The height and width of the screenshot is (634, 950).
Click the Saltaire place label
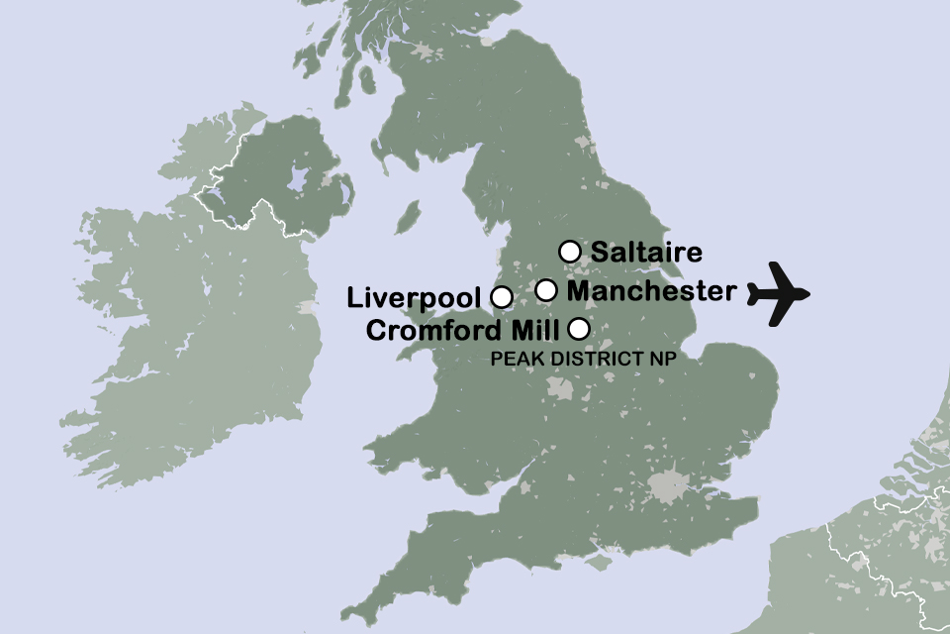(x=646, y=253)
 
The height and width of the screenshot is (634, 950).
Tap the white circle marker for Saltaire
(x=569, y=251)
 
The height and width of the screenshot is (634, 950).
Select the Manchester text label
(x=652, y=291)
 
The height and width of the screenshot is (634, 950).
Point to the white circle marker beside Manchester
(x=546, y=290)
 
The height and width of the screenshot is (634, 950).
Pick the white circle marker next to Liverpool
(x=502, y=296)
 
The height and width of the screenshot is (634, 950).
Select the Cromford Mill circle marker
(x=579, y=328)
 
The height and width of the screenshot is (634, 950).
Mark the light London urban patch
(x=669, y=486)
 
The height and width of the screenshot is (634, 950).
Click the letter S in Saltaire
(x=599, y=253)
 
